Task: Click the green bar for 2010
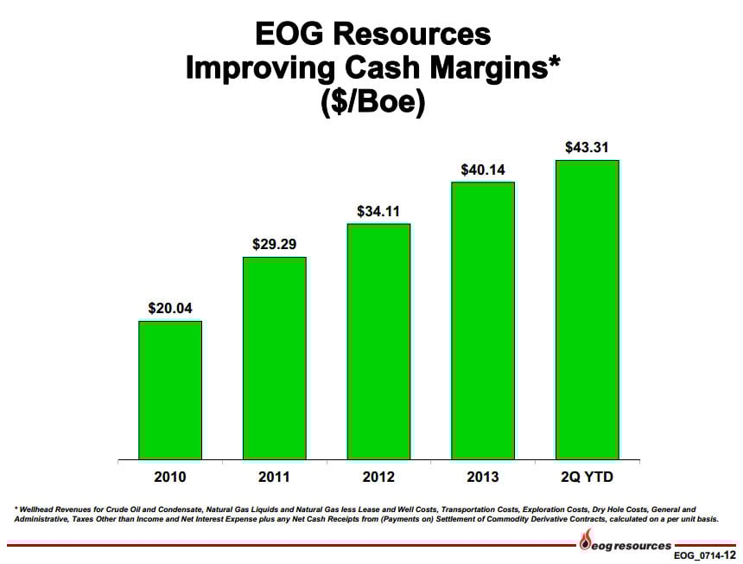click(x=170, y=389)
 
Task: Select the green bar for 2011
click(x=275, y=357)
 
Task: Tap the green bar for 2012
click(x=378, y=341)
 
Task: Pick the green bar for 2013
click(x=483, y=320)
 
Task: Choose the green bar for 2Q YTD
click(x=587, y=309)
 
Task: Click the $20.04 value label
click(x=170, y=308)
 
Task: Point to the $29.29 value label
click(x=275, y=244)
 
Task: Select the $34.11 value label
click(x=378, y=211)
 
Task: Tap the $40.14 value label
click(x=483, y=170)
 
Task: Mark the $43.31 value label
click(x=587, y=147)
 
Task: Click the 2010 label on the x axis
click(x=170, y=477)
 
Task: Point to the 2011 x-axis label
click(x=275, y=477)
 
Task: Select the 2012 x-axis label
click(x=378, y=477)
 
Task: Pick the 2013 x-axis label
click(x=483, y=477)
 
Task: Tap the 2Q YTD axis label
click(x=587, y=477)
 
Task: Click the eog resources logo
click(x=625, y=545)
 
